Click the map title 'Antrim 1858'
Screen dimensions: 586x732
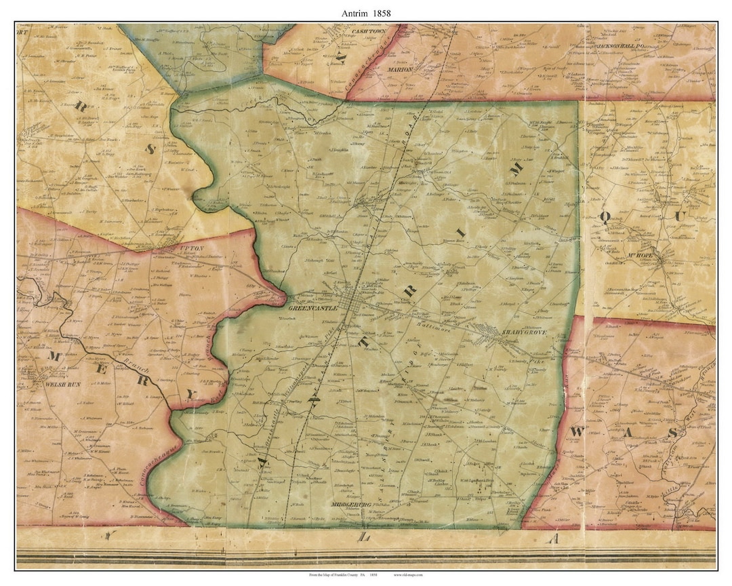[x=366, y=12]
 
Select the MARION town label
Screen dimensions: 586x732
[x=400, y=69]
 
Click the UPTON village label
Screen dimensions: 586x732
[x=190, y=249]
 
